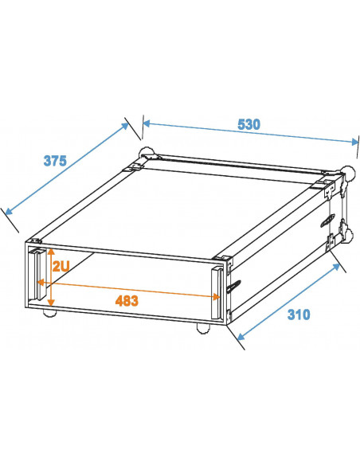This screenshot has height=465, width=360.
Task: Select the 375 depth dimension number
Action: [x=54, y=160]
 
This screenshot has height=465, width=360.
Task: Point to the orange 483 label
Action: [x=127, y=301]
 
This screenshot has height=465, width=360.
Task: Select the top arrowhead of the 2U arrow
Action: [x=50, y=252]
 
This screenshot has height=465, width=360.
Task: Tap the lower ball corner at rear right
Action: [x=348, y=235]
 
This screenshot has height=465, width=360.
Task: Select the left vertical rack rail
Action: [x=37, y=274]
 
